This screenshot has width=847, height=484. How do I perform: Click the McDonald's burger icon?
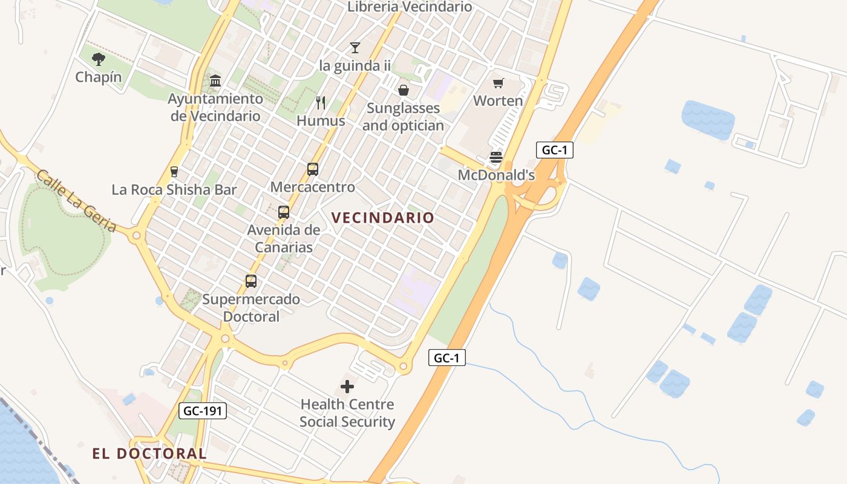point(496,158)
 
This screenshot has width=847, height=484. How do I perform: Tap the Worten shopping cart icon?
point(498,83)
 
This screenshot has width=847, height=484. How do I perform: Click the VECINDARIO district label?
point(382,218)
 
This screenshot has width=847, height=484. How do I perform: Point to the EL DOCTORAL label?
point(149,453)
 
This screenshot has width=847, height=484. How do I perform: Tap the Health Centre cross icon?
point(347,386)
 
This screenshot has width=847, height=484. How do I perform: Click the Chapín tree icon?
point(99,59)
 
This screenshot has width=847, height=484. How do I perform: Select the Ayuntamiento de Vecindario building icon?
point(215,80)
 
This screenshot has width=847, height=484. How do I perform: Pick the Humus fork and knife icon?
point(321,103)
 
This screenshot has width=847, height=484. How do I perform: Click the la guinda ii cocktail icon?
point(355,47)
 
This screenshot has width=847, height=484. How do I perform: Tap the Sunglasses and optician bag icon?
point(403,90)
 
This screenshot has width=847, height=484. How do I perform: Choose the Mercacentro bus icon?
point(312,169)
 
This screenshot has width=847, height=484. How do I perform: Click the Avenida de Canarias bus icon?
point(283,212)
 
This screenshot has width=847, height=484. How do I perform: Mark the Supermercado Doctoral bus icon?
point(250,281)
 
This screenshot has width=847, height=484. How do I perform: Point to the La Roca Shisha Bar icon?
point(174,172)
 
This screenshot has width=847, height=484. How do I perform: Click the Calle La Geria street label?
point(76,201)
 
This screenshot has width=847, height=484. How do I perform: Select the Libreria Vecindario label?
point(410,7)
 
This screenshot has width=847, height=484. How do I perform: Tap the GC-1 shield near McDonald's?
point(554,150)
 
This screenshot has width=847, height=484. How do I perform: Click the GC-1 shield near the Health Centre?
point(447,358)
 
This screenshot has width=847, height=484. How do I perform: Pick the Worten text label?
point(498,100)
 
